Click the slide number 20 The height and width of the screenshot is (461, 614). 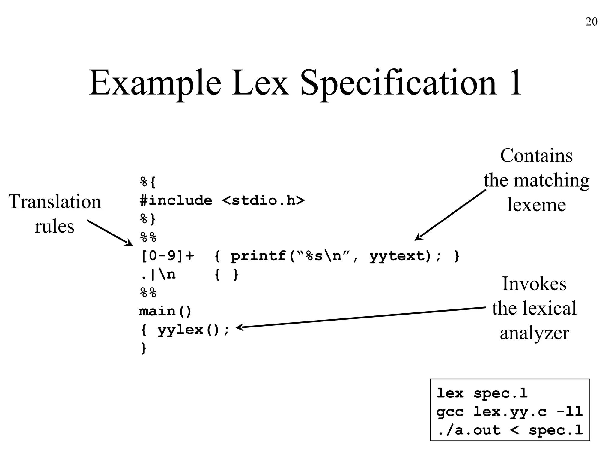click(x=591, y=22)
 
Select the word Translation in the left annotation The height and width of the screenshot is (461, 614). click(x=55, y=201)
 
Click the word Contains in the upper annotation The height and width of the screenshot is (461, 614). click(x=536, y=156)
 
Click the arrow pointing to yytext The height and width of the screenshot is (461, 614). click(x=450, y=215)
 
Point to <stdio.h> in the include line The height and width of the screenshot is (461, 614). click(x=263, y=200)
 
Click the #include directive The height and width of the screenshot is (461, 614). click(x=176, y=200)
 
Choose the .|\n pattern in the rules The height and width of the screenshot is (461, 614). click(x=158, y=275)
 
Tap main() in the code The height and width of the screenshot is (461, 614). click(x=165, y=311)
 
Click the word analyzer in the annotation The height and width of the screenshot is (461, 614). click(x=534, y=333)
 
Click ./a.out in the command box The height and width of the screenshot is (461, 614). click(x=469, y=430)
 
